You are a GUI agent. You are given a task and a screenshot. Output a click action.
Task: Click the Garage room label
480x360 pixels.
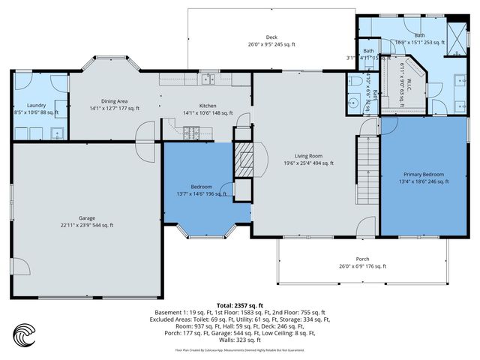pos(87,218)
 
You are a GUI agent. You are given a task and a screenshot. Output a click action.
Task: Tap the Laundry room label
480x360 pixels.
pos(37,106)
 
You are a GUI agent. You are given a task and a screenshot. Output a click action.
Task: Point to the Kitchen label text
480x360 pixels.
pos(208,106)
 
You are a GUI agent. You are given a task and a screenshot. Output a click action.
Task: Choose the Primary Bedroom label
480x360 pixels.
pos(423,173)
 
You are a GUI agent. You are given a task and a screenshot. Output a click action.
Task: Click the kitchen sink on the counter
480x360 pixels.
pos(207,79)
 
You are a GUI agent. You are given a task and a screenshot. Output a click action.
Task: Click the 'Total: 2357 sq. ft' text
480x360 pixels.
pos(240,305)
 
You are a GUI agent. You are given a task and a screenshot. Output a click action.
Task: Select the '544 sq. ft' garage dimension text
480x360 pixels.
pos(101,225)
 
